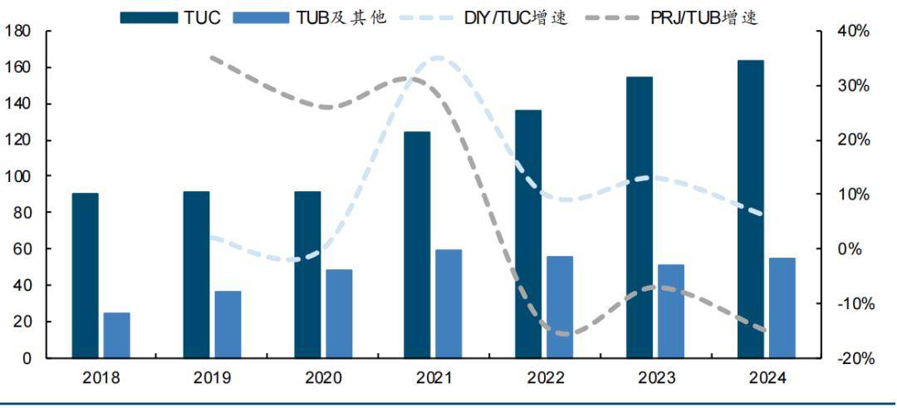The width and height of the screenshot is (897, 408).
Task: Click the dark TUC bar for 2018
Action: click(x=85, y=275)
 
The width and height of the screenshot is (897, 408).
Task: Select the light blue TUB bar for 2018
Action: click(x=116, y=335)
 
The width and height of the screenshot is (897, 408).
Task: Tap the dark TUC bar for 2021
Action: click(x=417, y=244)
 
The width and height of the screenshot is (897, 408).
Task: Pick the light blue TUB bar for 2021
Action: click(x=448, y=303)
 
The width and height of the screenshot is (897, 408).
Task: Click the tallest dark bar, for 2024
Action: click(x=750, y=209)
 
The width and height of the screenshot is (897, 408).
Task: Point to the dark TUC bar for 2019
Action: click(x=196, y=274)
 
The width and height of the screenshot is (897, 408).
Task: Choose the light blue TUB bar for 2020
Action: click(x=338, y=313)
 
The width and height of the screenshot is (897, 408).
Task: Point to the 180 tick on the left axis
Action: click(x=17, y=32)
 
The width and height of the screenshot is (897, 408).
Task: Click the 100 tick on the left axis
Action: click(x=17, y=177)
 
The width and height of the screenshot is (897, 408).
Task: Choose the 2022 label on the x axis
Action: click(x=545, y=378)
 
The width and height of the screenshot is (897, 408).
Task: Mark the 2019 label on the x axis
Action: click(x=212, y=378)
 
